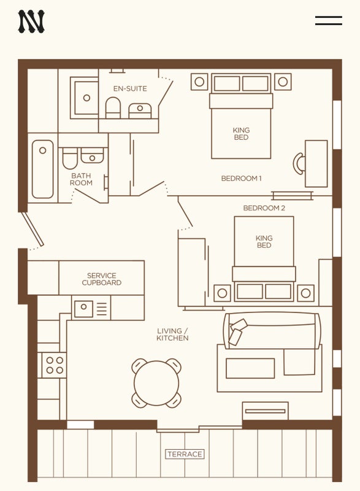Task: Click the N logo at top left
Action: click(x=31, y=21)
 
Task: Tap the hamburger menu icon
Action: click(x=328, y=21)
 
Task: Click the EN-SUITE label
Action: click(x=130, y=88)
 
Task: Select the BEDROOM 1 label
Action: click(x=241, y=179)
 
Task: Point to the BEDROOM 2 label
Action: click(x=264, y=208)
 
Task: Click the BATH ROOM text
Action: click(x=81, y=179)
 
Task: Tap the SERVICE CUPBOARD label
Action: click(x=102, y=279)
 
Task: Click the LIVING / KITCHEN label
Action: click(x=172, y=334)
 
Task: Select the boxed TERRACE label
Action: click(x=185, y=454)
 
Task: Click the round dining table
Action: click(x=156, y=383)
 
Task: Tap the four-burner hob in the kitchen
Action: click(x=55, y=365)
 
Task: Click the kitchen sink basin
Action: click(x=83, y=309)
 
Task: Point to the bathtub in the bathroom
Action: click(x=42, y=169)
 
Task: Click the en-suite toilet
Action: click(x=113, y=108)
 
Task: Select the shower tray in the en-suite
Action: click(x=84, y=98)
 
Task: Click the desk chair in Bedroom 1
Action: click(x=299, y=163)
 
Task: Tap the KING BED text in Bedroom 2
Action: click(x=264, y=242)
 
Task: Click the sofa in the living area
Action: click(x=272, y=331)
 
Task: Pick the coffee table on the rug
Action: click(x=250, y=368)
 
